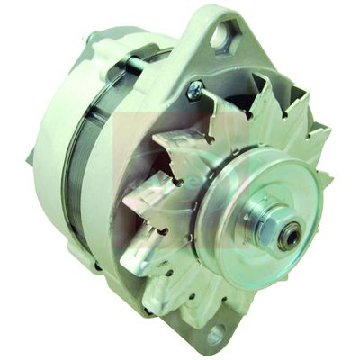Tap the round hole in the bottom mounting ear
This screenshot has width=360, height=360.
click(x=216, y=334)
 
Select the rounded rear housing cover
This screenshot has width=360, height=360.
click(x=49, y=153)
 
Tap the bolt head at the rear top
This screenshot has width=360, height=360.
click(x=91, y=37)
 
